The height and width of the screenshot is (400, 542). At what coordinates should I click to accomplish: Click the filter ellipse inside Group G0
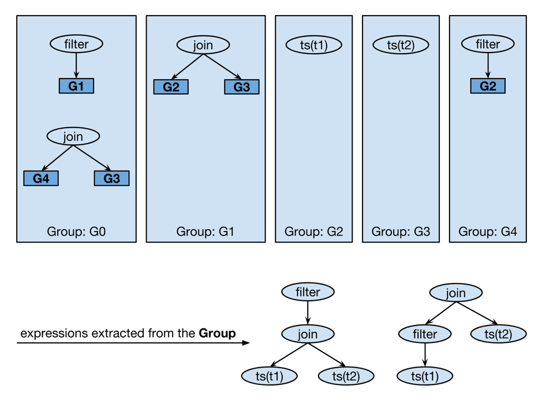(x=76, y=44)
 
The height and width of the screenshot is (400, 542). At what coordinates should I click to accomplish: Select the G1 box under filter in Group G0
(x=76, y=86)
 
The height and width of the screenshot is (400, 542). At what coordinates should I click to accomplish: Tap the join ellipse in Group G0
(x=73, y=136)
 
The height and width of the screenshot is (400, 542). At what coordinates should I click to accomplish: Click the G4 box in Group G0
(x=41, y=178)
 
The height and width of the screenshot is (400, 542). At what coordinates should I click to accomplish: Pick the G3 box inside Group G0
(x=111, y=178)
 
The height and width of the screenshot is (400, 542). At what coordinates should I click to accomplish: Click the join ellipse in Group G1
(x=203, y=44)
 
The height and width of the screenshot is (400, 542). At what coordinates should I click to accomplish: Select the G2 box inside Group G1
(x=171, y=87)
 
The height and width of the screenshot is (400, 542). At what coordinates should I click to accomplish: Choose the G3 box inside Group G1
(x=241, y=87)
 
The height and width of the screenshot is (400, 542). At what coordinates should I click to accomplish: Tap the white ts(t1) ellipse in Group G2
(x=314, y=45)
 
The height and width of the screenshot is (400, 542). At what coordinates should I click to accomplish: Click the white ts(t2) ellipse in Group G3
(x=401, y=45)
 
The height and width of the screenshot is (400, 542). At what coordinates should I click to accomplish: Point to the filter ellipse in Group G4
(x=488, y=44)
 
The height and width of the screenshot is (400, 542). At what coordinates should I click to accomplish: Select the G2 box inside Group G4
(x=488, y=86)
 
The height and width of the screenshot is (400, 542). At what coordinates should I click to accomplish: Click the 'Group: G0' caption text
(x=76, y=232)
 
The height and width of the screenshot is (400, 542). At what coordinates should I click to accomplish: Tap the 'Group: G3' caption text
(x=401, y=232)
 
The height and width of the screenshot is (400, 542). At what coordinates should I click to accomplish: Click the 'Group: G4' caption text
(x=488, y=232)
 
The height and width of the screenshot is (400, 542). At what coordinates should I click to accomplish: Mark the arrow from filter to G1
(x=76, y=65)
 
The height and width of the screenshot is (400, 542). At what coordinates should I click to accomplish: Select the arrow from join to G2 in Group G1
(x=187, y=66)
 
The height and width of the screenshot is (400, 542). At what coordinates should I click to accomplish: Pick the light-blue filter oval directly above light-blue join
(x=308, y=292)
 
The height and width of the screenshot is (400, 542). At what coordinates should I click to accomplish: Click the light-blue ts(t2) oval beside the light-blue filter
(x=499, y=334)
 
